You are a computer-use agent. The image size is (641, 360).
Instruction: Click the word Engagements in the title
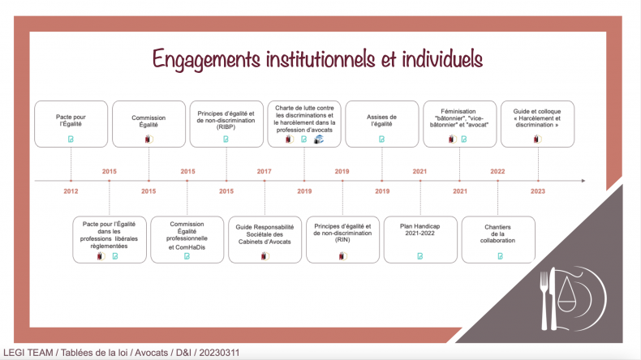[x=206, y=60]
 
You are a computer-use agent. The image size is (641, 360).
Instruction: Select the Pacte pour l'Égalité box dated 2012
[x=71, y=124]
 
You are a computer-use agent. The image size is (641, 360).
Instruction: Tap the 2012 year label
[x=71, y=191]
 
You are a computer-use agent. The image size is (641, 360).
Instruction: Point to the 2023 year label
[x=538, y=191]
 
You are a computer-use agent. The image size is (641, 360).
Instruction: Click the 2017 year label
[x=264, y=171]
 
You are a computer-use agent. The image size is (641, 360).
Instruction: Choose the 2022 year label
[x=497, y=171]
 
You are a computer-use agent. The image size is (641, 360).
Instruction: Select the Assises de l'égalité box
[x=382, y=124]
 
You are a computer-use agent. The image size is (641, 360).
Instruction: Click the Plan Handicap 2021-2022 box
[x=420, y=239]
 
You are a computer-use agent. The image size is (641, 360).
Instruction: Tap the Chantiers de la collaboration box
[x=498, y=239]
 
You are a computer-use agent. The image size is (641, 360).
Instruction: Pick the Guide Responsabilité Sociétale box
[x=265, y=239]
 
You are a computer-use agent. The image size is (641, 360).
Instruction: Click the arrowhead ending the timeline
[x=583, y=181]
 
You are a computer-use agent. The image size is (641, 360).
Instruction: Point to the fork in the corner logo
[x=544, y=300]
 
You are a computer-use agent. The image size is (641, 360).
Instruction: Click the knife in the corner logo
[x=553, y=298]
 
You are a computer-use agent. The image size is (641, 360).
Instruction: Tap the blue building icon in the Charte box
[x=318, y=139]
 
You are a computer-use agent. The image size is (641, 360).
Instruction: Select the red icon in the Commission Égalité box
[x=148, y=139]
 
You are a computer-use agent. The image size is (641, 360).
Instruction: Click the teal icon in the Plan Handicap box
[x=419, y=256]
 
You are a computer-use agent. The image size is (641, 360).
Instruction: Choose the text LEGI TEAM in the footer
[x=28, y=353]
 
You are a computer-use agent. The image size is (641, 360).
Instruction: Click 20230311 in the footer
[x=219, y=353]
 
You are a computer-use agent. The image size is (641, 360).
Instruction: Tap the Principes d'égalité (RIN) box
[x=342, y=239]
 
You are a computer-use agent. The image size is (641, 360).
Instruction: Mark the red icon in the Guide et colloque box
[x=537, y=139]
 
